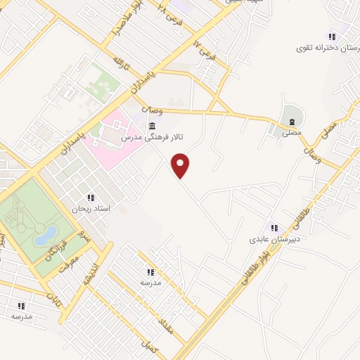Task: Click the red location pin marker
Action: click(181, 165)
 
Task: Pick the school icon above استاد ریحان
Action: click(90, 198)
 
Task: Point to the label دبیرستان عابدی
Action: click(275, 239)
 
